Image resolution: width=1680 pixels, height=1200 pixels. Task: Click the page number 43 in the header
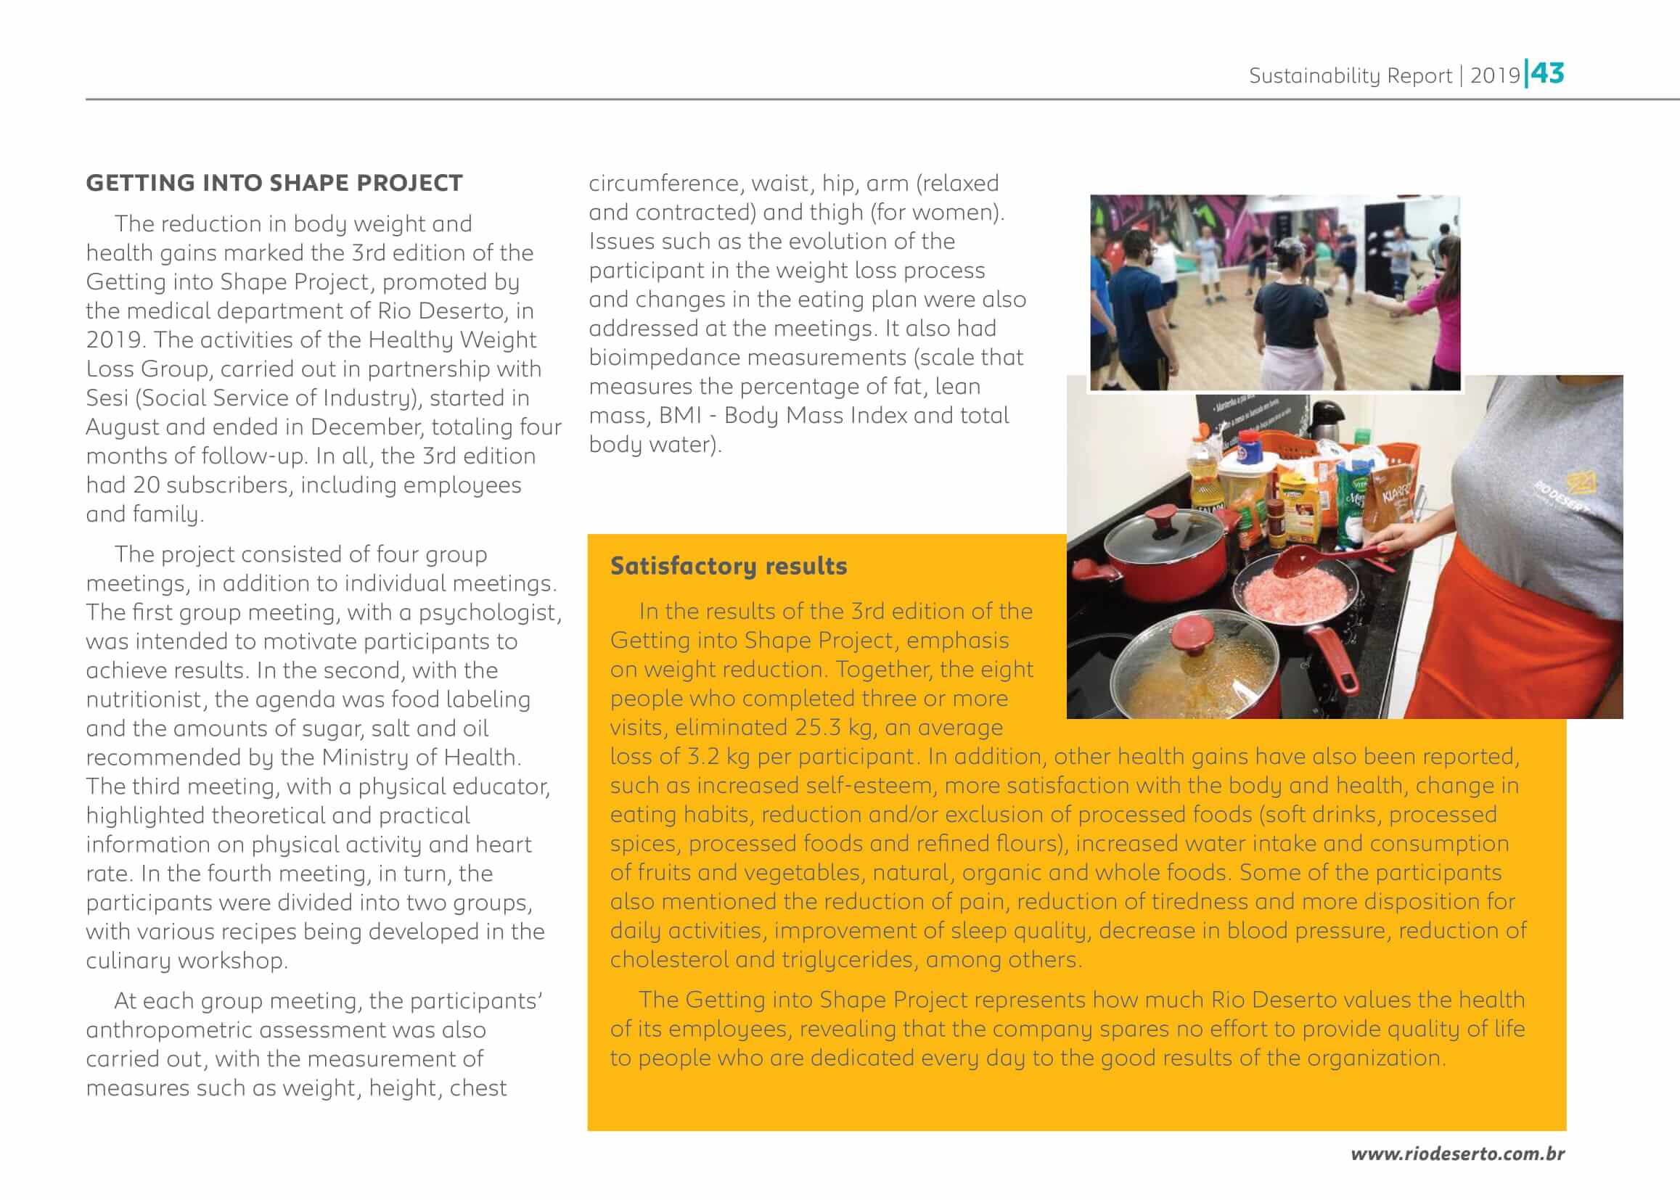click(x=1548, y=73)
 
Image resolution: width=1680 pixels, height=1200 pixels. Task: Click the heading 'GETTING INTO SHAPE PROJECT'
click(x=274, y=183)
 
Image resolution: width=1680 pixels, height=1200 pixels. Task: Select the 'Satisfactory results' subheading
click(x=728, y=566)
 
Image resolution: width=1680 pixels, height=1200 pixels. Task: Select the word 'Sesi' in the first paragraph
click(x=107, y=398)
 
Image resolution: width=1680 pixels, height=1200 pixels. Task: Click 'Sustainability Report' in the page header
click(x=1350, y=75)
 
